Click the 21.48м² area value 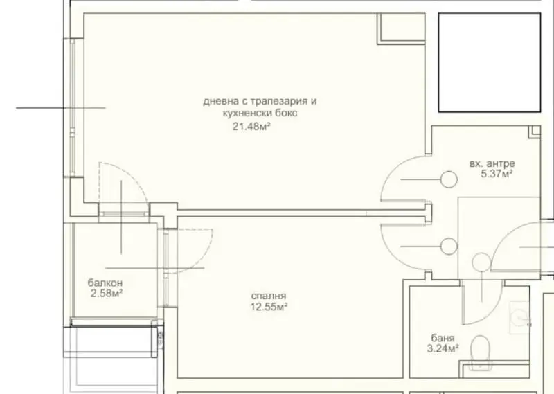(251, 126)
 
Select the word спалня (269, 296)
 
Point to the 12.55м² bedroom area (269, 306)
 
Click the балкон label (105, 283)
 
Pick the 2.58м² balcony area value (107, 294)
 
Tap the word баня (443, 338)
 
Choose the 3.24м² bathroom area (443, 349)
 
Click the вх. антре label (492, 163)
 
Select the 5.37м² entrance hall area (497, 174)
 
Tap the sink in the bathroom (520, 317)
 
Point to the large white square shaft (490, 62)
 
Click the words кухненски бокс (260, 113)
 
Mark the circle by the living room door (449, 179)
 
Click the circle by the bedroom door (449, 246)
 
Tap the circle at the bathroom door (481, 262)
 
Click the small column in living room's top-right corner (401, 28)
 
